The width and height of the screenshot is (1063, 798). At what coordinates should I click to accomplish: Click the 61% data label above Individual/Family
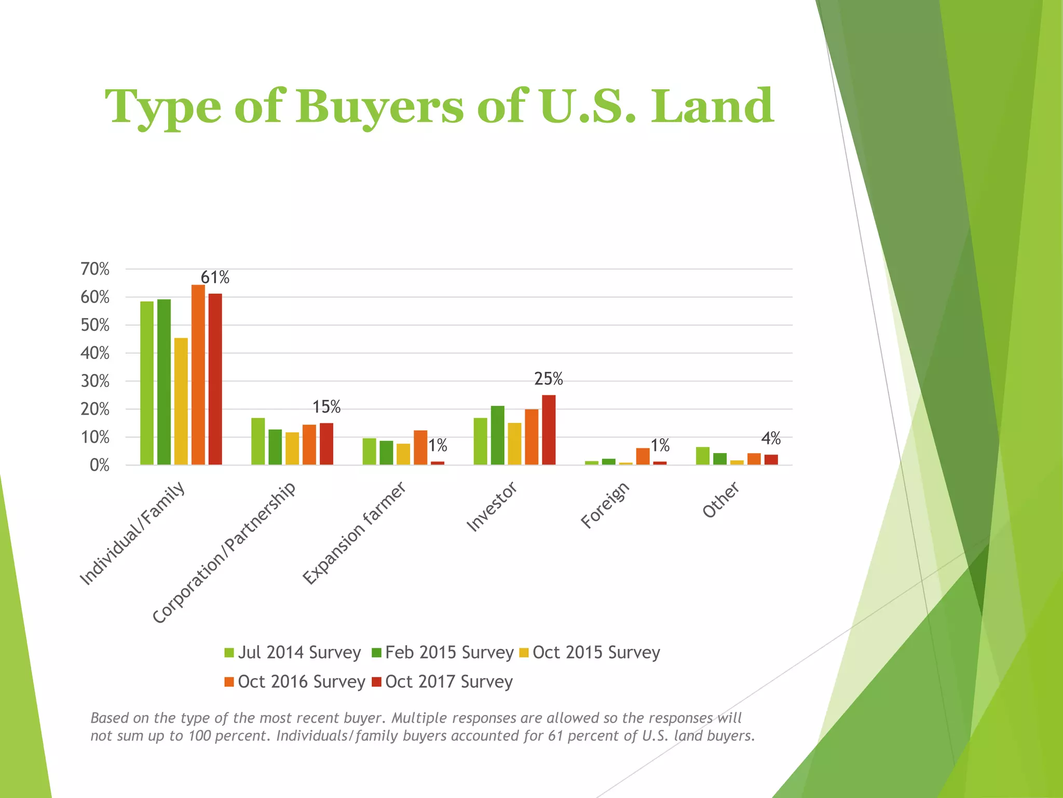[x=215, y=277]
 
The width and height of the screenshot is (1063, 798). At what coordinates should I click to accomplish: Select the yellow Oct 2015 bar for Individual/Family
[x=181, y=401]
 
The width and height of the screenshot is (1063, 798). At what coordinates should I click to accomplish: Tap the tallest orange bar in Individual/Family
[x=198, y=375]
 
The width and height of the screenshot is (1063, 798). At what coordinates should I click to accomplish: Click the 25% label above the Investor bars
[x=549, y=379]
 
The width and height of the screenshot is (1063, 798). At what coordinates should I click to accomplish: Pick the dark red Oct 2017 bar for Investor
[x=549, y=430]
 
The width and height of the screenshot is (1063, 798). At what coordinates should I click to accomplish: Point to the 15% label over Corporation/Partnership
[x=326, y=407]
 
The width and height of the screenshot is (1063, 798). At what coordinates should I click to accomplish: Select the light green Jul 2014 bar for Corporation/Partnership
[x=258, y=441]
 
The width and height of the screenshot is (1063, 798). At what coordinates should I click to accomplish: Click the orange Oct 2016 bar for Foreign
[x=643, y=456]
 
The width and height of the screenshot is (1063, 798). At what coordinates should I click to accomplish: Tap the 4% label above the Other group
[x=771, y=438]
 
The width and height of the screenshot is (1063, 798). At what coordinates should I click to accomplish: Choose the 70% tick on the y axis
[x=95, y=269]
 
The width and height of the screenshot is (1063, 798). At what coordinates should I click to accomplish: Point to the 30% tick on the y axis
[x=95, y=381]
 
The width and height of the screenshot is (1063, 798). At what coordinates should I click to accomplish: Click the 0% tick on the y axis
[x=99, y=465]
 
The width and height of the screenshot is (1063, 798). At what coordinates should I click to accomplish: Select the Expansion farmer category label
[x=354, y=533]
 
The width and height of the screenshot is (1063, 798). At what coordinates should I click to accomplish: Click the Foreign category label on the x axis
[x=605, y=505]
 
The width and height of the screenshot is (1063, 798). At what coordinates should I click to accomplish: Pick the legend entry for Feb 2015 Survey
[x=443, y=653]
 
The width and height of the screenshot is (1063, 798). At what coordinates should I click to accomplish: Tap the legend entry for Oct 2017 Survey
[x=443, y=682]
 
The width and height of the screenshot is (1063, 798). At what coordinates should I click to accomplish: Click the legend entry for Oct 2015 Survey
[x=590, y=653]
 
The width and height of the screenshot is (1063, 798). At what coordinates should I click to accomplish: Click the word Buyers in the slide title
[x=379, y=107]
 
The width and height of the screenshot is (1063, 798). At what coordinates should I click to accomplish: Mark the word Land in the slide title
[x=712, y=107]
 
